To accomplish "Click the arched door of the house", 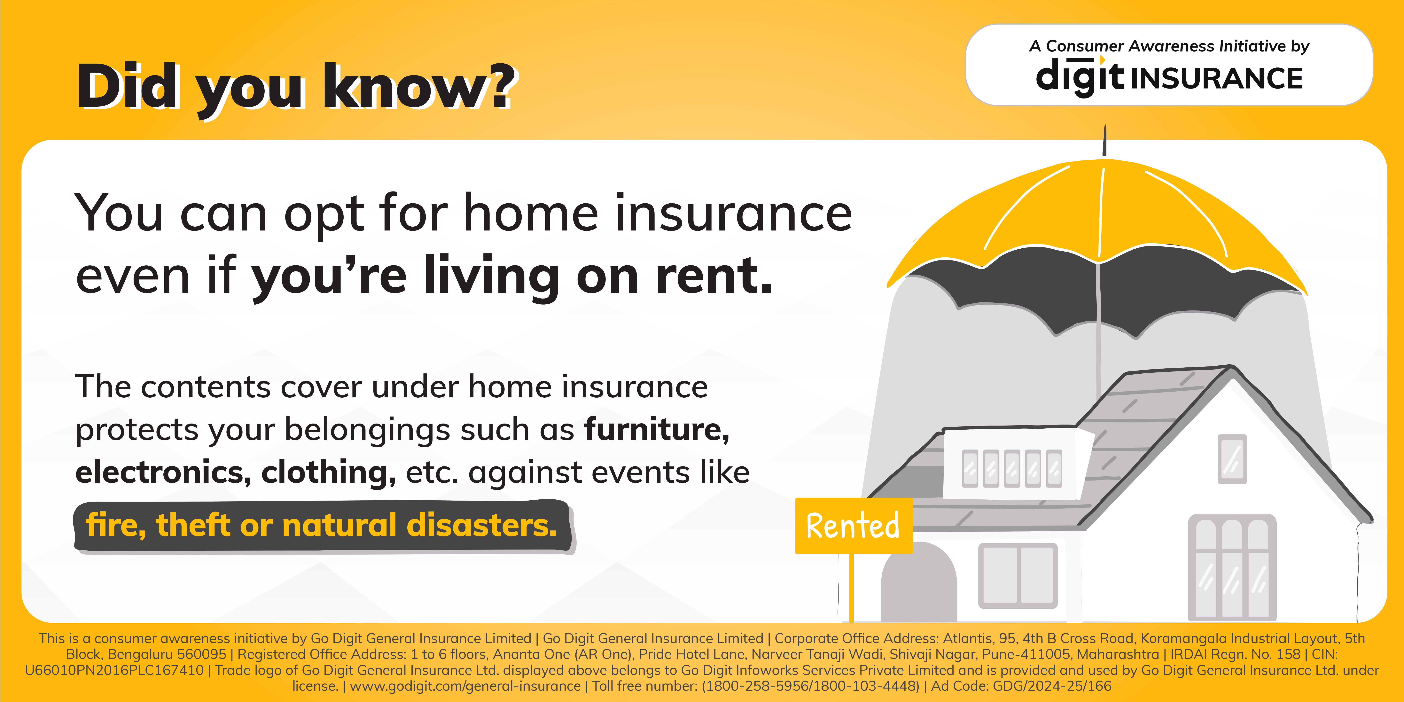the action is click(919, 582).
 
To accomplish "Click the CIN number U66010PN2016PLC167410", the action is click(114, 670).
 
